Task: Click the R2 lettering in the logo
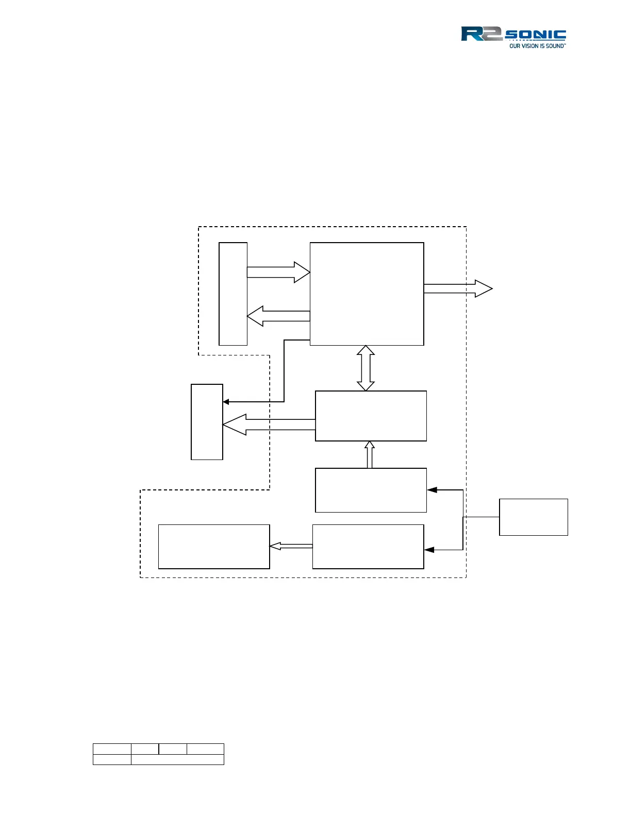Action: click(x=480, y=34)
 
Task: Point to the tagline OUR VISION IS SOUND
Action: click(x=537, y=46)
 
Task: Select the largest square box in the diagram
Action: click(x=367, y=294)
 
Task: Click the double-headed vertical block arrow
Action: click(x=366, y=368)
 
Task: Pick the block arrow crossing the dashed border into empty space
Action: click(x=458, y=288)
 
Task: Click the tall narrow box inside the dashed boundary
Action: click(x=233, y=294)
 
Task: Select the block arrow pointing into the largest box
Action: click(x=278, y=272)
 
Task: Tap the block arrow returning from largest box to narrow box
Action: click(x=278, y=316)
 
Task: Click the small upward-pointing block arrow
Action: click(x=369, y=454)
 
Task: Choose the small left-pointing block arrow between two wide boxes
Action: click(x=291, y=546)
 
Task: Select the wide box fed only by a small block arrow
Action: click(x=214, y=547)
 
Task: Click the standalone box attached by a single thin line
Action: click(x=534, y=517)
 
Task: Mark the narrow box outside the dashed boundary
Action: click(x=207, y=421)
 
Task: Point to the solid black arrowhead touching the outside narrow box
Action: click(x=226, y=402)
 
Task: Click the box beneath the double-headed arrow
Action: click(x=371, y=416)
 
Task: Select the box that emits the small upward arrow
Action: click(x=371, y=490)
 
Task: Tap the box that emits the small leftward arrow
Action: click(x=368, y=547)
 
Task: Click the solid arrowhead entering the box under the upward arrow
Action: click(x=432, y=490)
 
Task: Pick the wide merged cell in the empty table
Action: click(x=177, y=759)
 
